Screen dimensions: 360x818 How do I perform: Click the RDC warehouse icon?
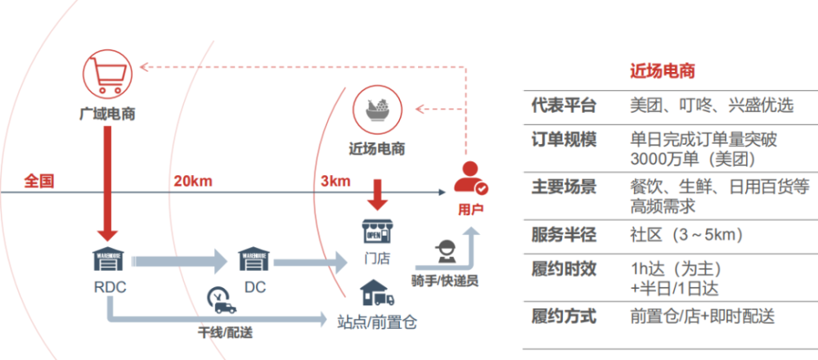108,260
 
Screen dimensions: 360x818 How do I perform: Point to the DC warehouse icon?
254,260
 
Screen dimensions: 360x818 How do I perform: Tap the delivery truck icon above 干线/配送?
222,304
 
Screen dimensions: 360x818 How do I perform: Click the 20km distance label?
195,181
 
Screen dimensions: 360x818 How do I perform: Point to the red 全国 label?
38,181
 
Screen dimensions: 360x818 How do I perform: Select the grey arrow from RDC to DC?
179,263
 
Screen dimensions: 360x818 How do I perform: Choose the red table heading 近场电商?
663,71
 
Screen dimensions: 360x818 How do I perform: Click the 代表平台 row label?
564,106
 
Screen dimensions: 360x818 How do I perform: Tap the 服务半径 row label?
564,236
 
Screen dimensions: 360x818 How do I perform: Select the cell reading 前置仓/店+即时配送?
702,316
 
